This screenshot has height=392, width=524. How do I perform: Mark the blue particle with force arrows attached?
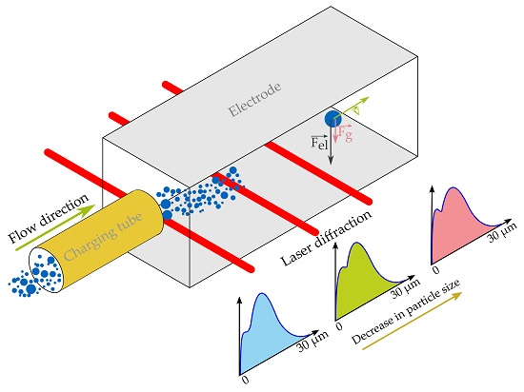tap(332, 119)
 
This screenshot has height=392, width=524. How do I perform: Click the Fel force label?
tap(319, 143)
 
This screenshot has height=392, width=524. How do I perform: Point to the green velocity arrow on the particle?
tap(351, 108)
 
